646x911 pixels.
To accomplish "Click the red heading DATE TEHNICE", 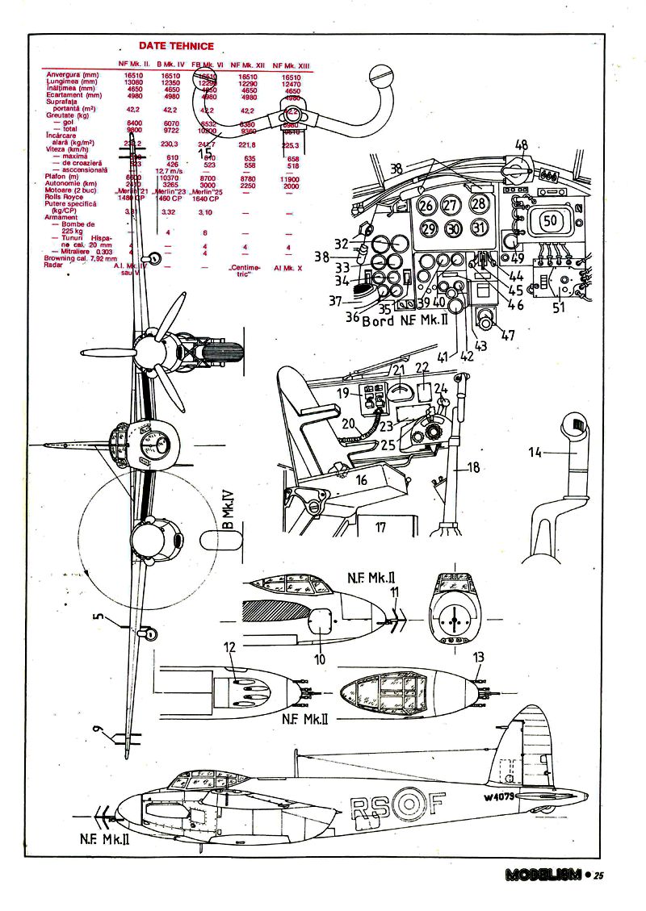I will (176, 47).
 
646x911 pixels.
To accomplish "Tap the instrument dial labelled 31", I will (480, 228).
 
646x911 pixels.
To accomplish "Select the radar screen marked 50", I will (551, 219).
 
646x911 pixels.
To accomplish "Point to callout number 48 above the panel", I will (522, 145).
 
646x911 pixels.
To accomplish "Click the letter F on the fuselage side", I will (435, 804).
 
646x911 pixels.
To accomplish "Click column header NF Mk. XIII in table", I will (291, 64).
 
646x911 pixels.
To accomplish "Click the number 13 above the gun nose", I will (479, 656).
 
